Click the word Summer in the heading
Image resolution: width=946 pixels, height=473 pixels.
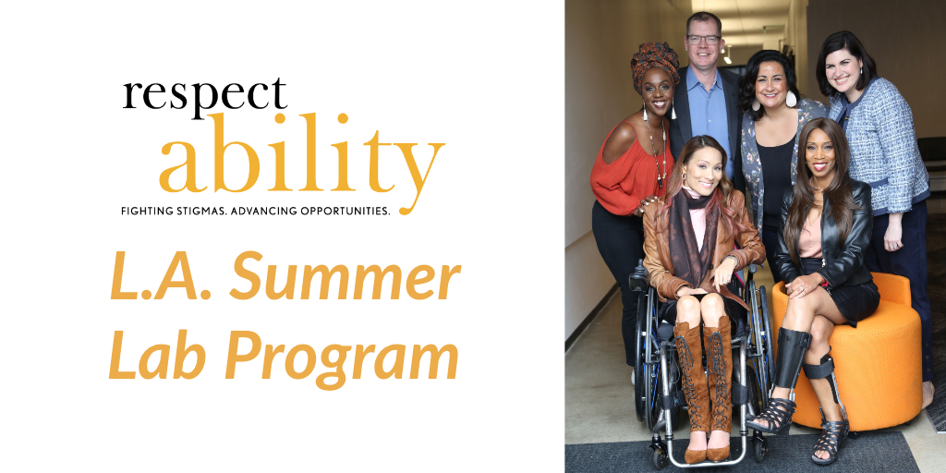point(345,277)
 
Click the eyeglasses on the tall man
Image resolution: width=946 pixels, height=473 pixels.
point(703,39)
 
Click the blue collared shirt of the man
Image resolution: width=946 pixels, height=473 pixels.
point(709,115)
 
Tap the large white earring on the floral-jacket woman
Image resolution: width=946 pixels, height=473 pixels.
point(791,99)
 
